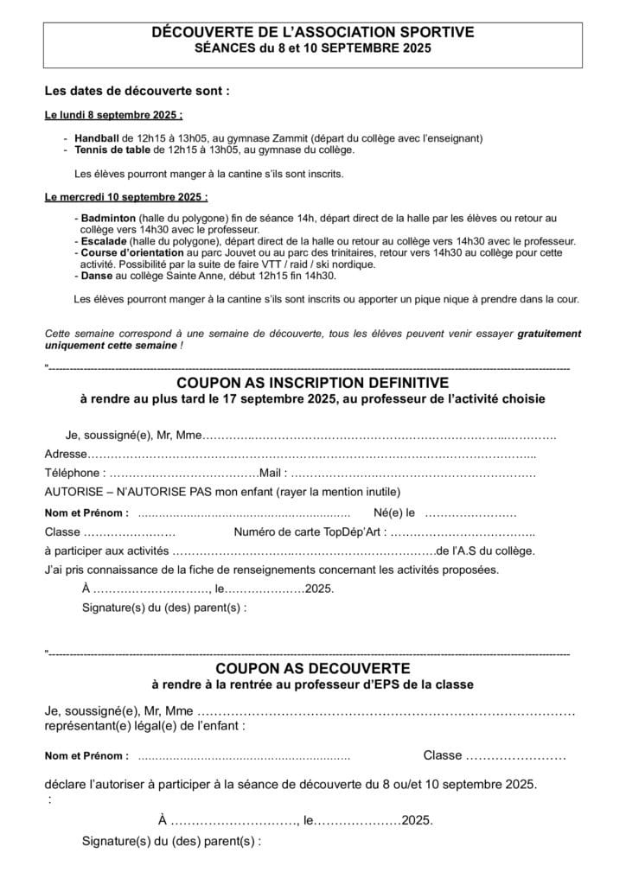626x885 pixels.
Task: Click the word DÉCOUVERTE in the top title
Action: point(195,33)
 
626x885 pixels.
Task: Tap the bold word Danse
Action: point(96,276)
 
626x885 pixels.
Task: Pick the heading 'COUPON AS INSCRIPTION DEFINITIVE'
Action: point(312,382)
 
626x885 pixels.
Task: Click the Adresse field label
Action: point(66,454)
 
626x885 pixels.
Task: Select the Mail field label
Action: point(271,474)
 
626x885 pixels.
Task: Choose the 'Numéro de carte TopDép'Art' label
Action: point(308,532)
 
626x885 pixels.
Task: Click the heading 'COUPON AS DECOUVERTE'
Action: point(312,668)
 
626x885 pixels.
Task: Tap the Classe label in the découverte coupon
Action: point(442,755)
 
